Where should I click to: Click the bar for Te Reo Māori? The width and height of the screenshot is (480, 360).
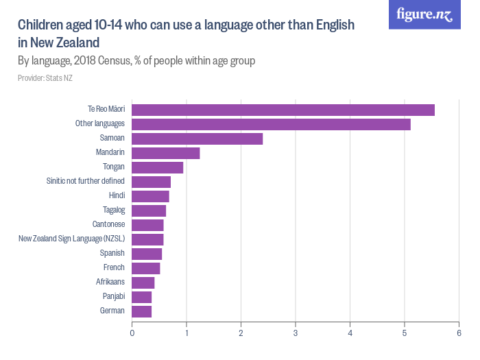click(x=283, y=110)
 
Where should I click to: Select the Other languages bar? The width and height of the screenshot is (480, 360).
click(x=271, y=124)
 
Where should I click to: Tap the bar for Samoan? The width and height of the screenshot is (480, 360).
click(x=197, y=139)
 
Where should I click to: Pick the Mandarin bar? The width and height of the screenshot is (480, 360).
click(x=165, y=153)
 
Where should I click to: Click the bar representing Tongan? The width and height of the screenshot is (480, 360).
click(x=157, y=167)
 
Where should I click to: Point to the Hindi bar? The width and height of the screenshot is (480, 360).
click(x=150, y=196)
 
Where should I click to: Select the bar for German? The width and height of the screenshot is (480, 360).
click(x=141, y=311)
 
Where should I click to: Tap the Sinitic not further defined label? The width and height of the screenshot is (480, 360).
click(x=85, y=182)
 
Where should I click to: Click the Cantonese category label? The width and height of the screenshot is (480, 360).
click(x=108, y=225)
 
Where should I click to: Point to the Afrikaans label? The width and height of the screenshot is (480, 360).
click(x=110, y=283)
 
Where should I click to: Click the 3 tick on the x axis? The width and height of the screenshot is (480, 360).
click(x=295, y=334)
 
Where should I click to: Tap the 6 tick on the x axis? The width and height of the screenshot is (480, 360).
click(x=458, y=334)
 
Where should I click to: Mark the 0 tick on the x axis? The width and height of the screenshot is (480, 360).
click(x=132, y=334)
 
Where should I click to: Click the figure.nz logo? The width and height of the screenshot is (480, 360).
click(x=424, y=14)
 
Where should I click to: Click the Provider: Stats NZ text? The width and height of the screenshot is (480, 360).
click(x=45, y=78)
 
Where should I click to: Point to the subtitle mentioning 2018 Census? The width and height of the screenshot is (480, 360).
click(x=136, y=61)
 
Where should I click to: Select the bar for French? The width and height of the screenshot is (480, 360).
click(x=145, y=268)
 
